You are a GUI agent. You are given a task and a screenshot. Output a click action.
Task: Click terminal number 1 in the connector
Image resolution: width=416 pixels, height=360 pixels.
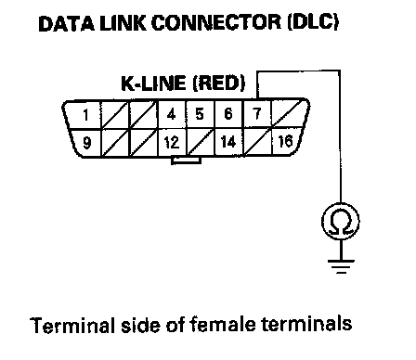pos(85,115)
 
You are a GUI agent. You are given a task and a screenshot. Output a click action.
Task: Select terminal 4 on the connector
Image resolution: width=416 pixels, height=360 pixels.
pos(171,114)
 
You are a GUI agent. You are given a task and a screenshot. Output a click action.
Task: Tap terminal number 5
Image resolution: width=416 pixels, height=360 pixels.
pos(200,114)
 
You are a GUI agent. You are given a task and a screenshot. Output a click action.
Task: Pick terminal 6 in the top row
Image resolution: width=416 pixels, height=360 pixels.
pos(228,114)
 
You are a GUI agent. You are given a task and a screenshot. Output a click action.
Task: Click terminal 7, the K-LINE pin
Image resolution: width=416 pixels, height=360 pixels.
pos(256,114)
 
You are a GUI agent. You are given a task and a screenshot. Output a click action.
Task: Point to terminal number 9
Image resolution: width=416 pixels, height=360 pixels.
pos(87,143)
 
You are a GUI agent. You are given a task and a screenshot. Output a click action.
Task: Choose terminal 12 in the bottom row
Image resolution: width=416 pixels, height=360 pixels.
pos(172,142)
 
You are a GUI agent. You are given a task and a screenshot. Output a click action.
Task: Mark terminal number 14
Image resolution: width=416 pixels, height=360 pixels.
pos(228,142)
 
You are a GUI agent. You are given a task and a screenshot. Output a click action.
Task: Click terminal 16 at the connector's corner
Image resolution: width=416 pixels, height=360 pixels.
pos(285,141)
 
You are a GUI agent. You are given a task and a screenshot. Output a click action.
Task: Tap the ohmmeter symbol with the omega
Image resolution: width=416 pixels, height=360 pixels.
pos(341,222)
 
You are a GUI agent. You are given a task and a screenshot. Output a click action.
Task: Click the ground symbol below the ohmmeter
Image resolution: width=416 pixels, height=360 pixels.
pos(341,266)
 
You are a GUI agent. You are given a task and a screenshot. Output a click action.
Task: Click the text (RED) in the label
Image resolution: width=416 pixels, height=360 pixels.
pos(219,84)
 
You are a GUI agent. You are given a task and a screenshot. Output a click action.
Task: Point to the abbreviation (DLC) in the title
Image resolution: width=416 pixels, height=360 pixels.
pos(313,22)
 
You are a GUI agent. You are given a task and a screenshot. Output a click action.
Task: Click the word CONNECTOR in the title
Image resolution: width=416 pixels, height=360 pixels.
pos(216,23)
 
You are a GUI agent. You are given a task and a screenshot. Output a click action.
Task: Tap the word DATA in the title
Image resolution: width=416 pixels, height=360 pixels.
pos(66,23)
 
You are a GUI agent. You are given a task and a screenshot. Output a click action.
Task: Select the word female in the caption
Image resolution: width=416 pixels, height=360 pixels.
pos(223,325)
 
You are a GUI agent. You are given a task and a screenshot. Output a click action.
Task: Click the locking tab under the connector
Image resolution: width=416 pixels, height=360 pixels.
pos(186,161)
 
